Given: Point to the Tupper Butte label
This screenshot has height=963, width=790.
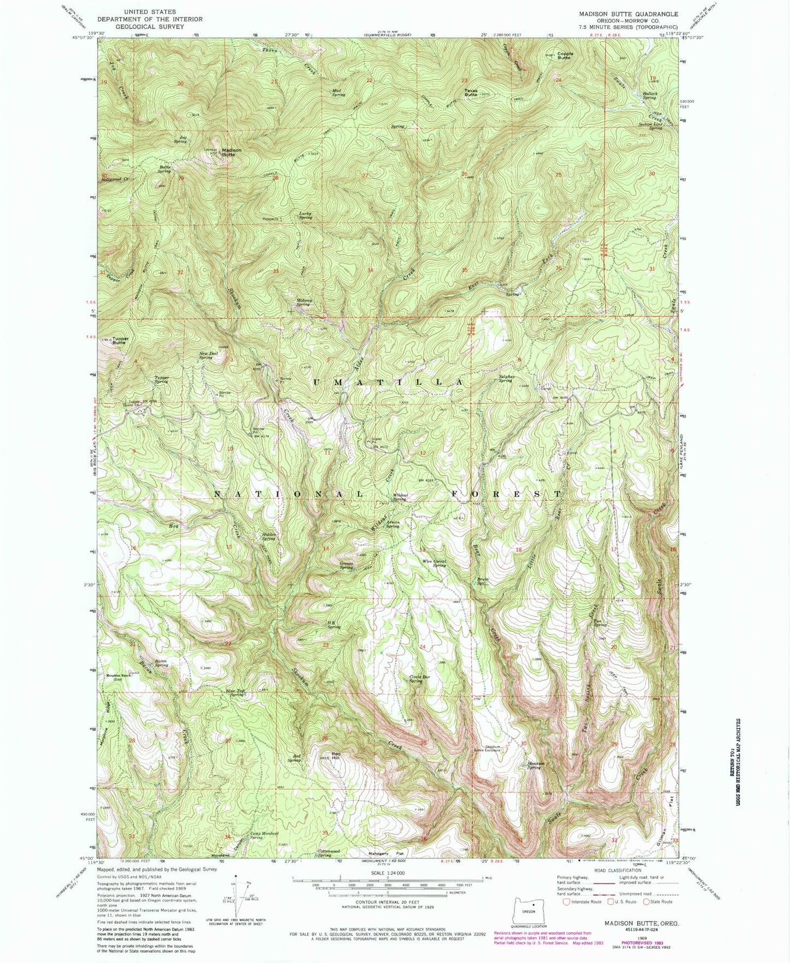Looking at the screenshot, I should pos(120,340).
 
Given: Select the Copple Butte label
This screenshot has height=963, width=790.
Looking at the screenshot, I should pos(565,55).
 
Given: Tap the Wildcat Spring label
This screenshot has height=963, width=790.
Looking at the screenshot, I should pos(399,497).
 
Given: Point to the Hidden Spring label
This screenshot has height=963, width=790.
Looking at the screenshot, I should pos(268,536).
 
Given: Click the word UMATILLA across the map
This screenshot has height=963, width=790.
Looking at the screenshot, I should pos(388,383).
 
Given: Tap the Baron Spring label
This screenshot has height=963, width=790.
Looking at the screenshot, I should pos(161,663).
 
